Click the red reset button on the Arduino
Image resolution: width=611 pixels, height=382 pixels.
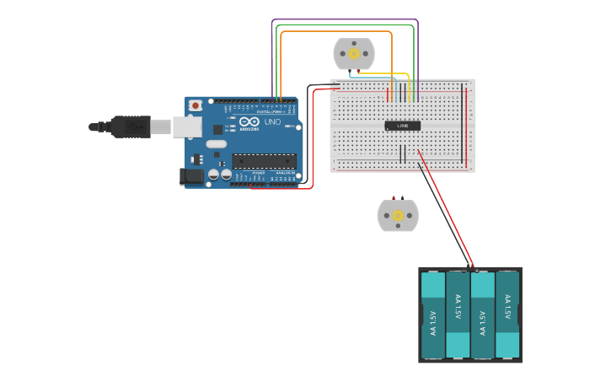[x=196, y=105]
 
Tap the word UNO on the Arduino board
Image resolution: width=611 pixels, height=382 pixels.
[x=272, y=121]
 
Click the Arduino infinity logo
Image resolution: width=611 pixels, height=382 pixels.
[x=249, y=121]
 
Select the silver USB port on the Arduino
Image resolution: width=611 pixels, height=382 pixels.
[x=187, y=126]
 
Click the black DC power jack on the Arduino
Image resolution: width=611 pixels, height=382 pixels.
[x=192, y=176]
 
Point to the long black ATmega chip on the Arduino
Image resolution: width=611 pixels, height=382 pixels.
[x=264, y=160]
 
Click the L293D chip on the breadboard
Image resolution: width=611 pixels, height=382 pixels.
[x=403, y=126]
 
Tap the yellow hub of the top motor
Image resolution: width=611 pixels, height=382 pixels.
[x=354, y=54]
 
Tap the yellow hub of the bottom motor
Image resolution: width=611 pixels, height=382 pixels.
[x=398, y=216]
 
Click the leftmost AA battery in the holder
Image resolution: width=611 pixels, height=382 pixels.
[x=433, y=315]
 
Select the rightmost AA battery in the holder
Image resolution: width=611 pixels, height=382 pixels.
[x=507, y=315]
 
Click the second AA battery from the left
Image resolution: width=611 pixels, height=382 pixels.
[x=458, y=315]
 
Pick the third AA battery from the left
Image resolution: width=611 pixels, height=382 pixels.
[x=482, y=315]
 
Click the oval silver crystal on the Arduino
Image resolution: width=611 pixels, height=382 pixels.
[x=217, y=143]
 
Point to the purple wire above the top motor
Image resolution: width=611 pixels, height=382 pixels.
[x=346, y=19]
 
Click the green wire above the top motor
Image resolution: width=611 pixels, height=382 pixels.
[x=346, y=25]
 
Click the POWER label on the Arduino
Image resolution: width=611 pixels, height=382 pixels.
[x=255, y=173]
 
